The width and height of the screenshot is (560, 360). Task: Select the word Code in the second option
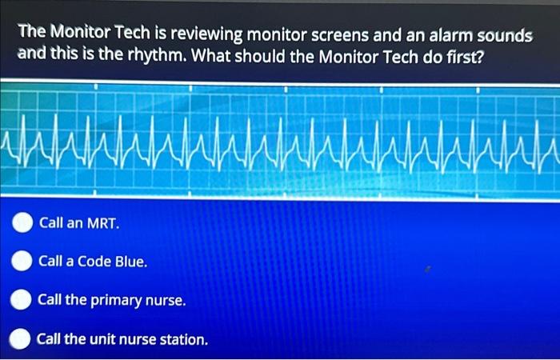click(94, 261)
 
